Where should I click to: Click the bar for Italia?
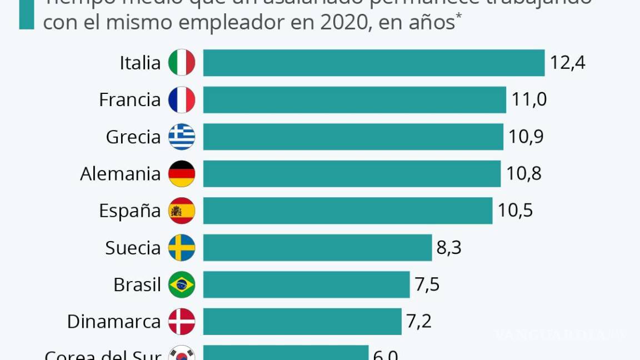pyautogui.click(x=373, y=63)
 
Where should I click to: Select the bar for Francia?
pyautogui.click(x=354, y=100)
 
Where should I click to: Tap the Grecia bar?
pyautogui.click(x=353, y=137)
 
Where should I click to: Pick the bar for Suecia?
pyautogui.click(x=317, y=248)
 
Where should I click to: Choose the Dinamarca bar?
pyautogui.click(x=302, y=322)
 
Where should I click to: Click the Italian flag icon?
pyautogui.click(x=182, y=63)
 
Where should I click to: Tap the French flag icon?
pyautogui.click(x=182, y=100)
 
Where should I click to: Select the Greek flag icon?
pyautogui.click(x=182, y=137)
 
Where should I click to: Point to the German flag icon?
pyautogui.click(x=182, y=174)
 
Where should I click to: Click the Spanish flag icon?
pyautogui.click(x=182, y=211)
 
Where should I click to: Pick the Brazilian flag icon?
pyautogui.click(x=182, y=285)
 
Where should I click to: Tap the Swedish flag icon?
pyautogui.click(x=182, y=248)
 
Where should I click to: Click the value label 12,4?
pyautogui.click(x=568, y=63)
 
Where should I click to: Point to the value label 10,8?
pyautogui.click(x=524, y=174)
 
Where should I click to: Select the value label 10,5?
pyautogui.click(x=515, y=211)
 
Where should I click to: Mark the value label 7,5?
pyautogui.click(x=427, y=285)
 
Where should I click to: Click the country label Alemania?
pyautogui.click(x=120, y=174)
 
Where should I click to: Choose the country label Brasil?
pyautogui.click(x=137, y=285)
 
